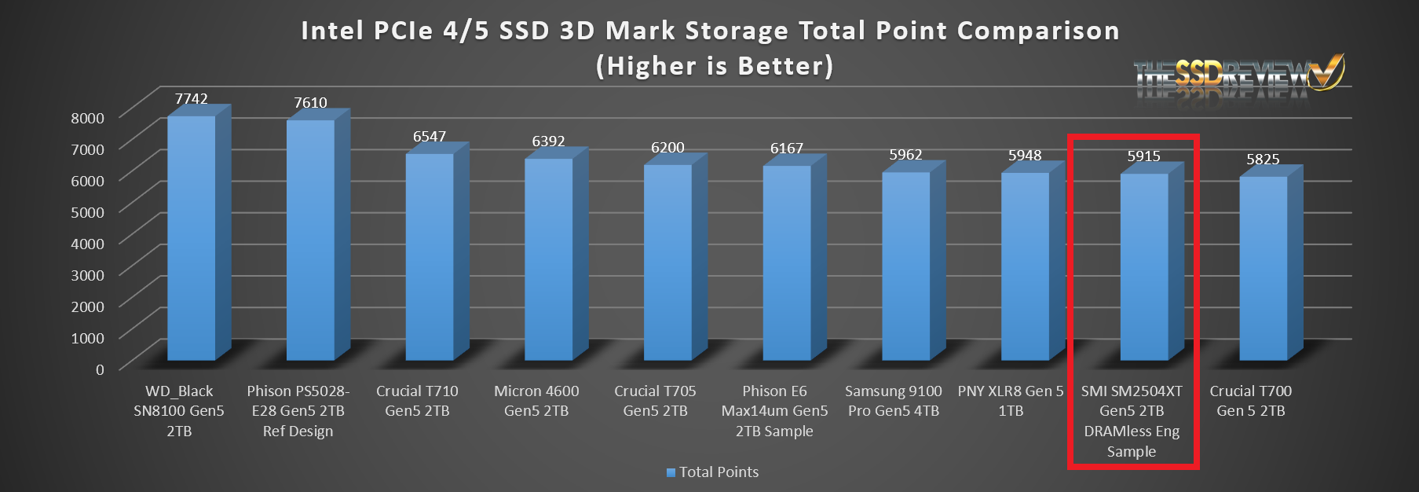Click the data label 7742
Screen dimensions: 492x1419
pyautogui.click(x=192, y=99)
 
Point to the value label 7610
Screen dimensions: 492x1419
pyautogui.click(x=310, y=103)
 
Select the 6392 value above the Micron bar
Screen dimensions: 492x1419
pyautogui.click(x=548, y=141)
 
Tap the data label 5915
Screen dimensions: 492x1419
pyautogui.click(x=1143, y=156)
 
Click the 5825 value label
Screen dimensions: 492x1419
pyautogui.click(x=1263, y=160)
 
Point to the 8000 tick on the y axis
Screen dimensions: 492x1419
pyautogui.click(x=87, y=118)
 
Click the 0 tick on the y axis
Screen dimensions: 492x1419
pyautogui.click(x=100, y=369)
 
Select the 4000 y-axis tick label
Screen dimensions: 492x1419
pyautogui.click(x=87, y=244)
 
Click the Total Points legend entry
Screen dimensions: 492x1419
pyautogui.click(x=712, y=472)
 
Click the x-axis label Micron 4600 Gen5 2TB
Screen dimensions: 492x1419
pyautogui.click(x=536, y=401)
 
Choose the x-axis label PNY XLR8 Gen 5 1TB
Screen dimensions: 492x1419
pyautogui.click(x=1011, y=401)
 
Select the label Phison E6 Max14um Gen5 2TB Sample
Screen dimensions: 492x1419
pyautogui.click(x=774, y=411)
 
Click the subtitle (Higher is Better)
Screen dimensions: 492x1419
pyautogui.click(x=714, y=66)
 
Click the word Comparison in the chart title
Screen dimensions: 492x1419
pyautogui.click(x=1038, y=31)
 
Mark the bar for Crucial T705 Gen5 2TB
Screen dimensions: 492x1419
pyautogui.click(x=667, y=263)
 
